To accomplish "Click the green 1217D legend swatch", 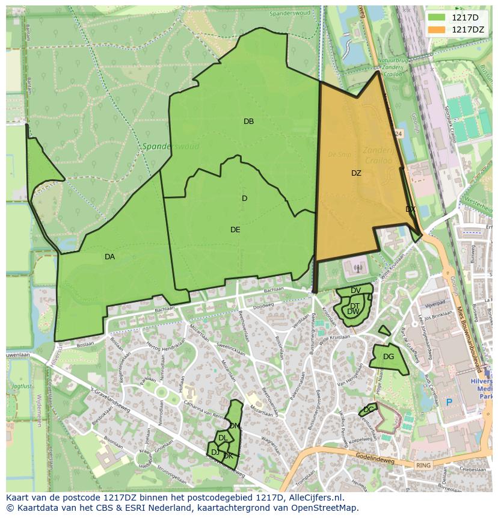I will [437, 17].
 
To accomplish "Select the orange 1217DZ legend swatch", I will [437, 29].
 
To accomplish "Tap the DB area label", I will [248, 122].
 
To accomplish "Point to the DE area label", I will [235, 230].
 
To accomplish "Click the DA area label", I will [109, 257].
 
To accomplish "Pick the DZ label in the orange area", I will [356, 173].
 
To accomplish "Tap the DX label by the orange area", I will [410, 209].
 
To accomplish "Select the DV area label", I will [355, 291].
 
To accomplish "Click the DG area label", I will [389, 357].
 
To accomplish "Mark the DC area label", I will [368, 410].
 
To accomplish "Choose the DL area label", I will [223, 439].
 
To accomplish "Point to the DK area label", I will [228, 456].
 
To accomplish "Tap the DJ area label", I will [215, 452].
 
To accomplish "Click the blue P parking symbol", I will [448, 402].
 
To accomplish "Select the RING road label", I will [423, 465].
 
